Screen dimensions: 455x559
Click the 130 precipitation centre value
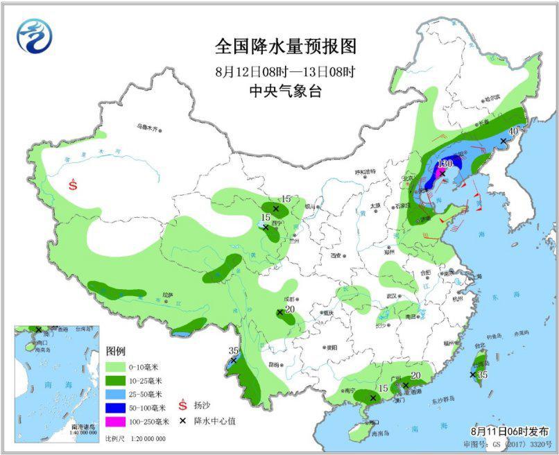point(445,162)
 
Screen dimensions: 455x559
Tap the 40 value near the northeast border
point(513,130)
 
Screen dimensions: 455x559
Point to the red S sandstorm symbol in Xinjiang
point(74,184)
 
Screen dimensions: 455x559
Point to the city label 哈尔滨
point(492,99)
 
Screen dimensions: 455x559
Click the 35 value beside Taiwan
point(483,375)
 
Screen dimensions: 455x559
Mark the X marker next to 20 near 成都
point(279,313)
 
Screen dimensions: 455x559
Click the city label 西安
point(337,256)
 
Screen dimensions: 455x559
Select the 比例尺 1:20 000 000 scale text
point(135,438)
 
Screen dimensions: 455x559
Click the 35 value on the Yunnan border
point(234,350)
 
